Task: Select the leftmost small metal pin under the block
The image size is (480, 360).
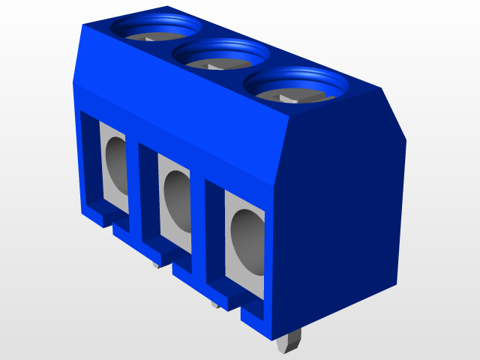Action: [x=156, y=263]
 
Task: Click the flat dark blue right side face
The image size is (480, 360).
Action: [x=341, y=202]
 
